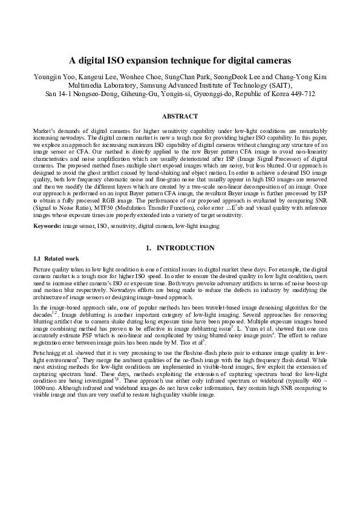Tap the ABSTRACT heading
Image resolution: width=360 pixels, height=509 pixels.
pos(180,116)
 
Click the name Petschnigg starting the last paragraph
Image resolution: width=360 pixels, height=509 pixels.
pos(49,352)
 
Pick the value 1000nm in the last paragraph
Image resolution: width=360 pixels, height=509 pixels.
pos(44,388)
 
